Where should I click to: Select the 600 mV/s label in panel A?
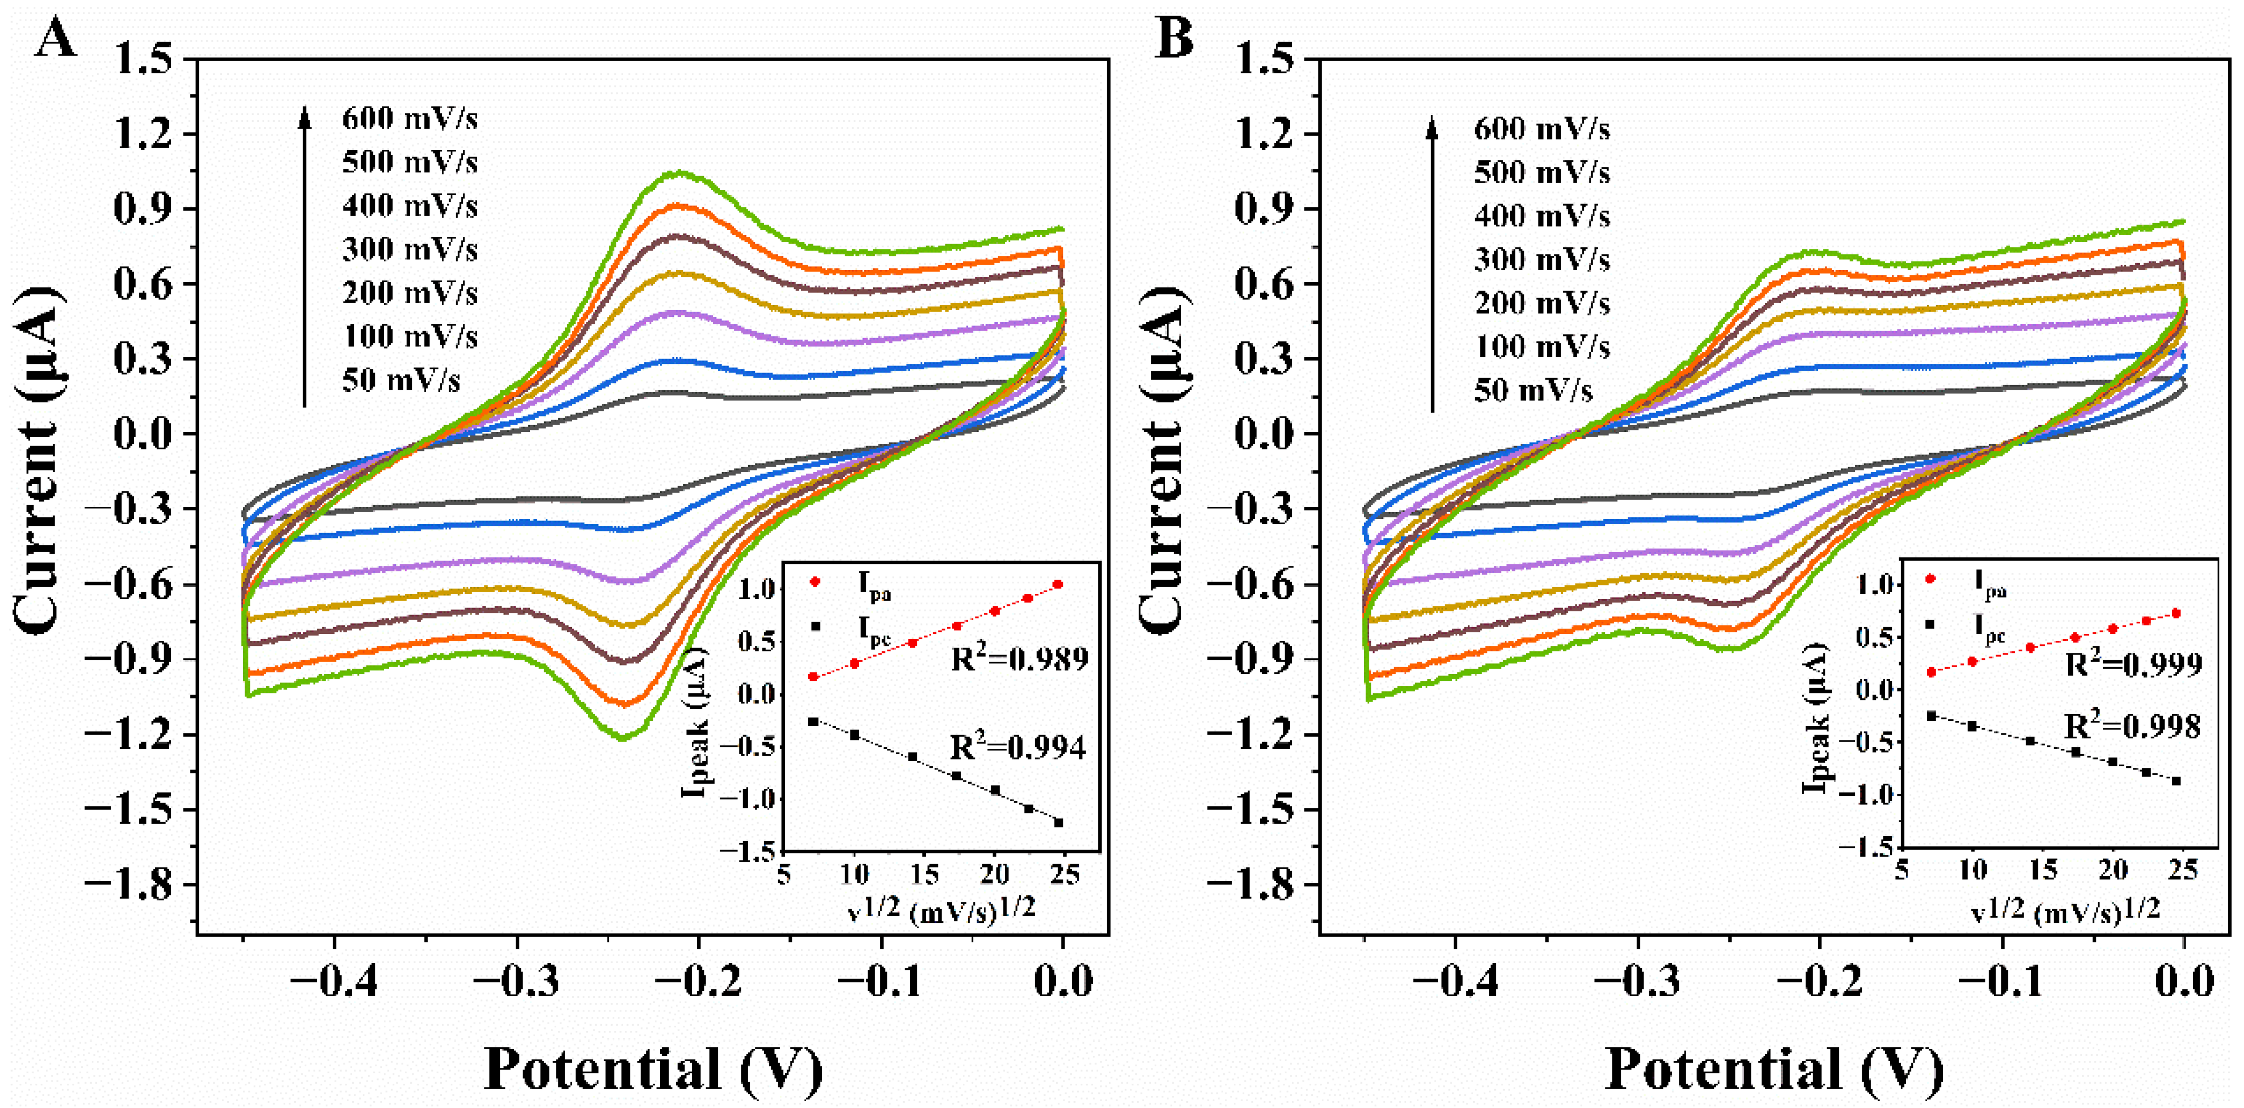410,119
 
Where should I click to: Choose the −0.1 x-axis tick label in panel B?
2001,981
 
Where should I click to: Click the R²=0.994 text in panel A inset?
1018,747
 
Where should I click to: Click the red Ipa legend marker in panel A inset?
815,581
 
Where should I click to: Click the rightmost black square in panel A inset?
1058,822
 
